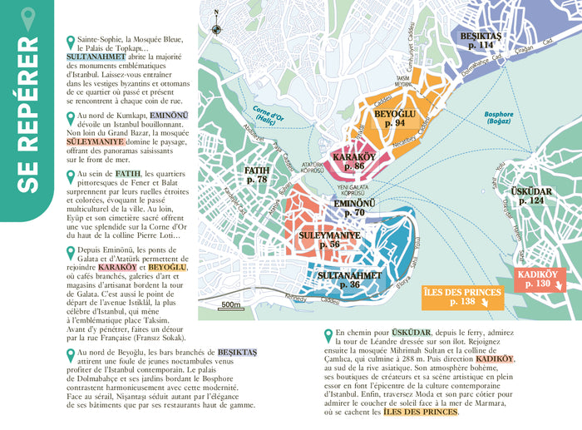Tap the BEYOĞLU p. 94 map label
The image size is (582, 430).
click(x=389, y=117)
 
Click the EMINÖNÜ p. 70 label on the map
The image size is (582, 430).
click(x=348, y=207)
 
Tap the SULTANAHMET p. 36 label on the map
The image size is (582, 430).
click(x=349, y=279)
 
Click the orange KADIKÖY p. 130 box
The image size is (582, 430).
click(x=541, y=279)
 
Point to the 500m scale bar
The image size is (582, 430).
click(x=231, y=305)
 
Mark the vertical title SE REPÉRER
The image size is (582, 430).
click(x=27, y=116)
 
